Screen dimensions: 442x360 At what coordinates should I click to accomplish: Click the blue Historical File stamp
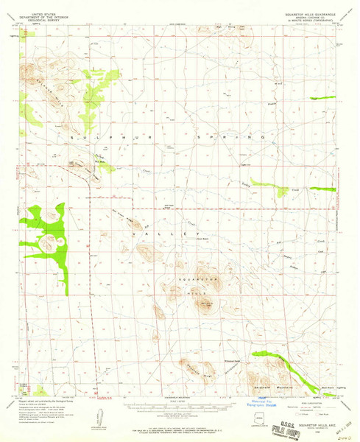pyautogui.click(x=261, y=403)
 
